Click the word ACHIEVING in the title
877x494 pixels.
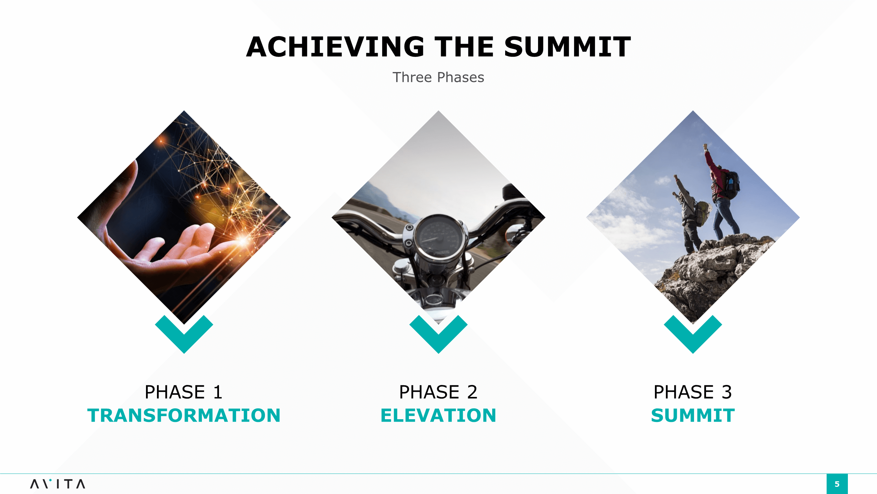pos(335,47)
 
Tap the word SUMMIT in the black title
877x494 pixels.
pos(568,47)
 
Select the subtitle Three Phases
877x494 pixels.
pos(438,78)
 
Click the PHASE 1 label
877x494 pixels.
pos(184,392)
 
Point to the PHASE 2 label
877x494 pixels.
pos(438,392)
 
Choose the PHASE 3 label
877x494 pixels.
pos(693,392)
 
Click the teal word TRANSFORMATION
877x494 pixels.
pos(184,415)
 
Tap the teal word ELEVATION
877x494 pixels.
pos(438,415)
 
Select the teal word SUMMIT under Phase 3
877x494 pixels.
pos(693,415)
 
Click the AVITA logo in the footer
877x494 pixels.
pos(58,484)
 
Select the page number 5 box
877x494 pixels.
pos(837,484)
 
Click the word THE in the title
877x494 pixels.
pos(464,47)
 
